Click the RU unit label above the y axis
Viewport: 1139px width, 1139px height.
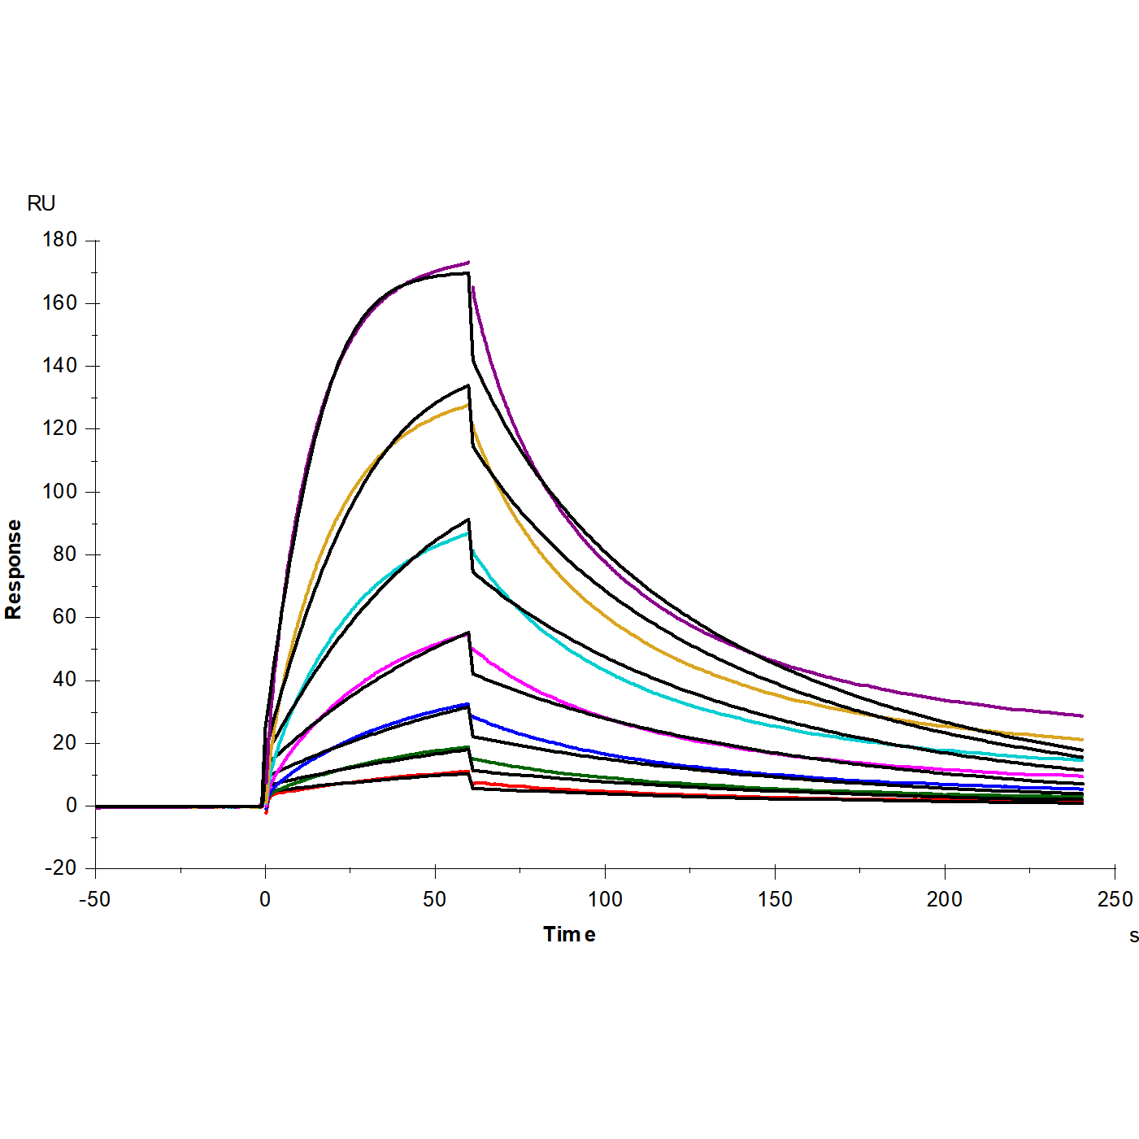click(41, 203)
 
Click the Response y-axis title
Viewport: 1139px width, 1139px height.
click(14, 569)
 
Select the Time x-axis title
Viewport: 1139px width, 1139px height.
click(569, 934)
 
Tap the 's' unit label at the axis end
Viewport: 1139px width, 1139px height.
click(1133, 936)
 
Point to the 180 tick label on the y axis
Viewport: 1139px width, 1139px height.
click(60, 240)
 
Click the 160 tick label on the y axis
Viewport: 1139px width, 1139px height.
click(60, 303)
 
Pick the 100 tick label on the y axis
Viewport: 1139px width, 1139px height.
click(60, 491)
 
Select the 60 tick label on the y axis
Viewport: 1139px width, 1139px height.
click(64, 617)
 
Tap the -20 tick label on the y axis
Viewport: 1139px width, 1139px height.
click(60, 868)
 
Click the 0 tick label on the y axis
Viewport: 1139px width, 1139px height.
click(72, 806)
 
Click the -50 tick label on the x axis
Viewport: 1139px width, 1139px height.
click(94, 899)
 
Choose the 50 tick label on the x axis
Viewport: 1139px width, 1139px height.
click(435, 899)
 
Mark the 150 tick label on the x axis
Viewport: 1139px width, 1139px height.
click(775, 899)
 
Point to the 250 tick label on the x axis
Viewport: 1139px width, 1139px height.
click(1115, 899)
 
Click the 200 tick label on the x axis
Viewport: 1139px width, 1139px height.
click(945, 899)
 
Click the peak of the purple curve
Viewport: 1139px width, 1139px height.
click(468, 263)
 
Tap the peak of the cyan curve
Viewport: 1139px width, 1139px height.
click(467, 533)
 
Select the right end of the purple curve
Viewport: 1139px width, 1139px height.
click(1082, 716)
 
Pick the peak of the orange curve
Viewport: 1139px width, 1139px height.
click(467, 404)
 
